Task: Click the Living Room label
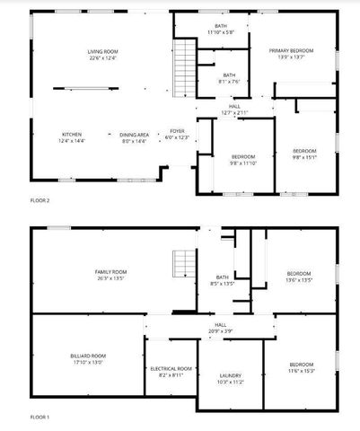tap(102, 56)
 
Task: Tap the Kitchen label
tap(70, 138)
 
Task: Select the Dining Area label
tap(135, 138)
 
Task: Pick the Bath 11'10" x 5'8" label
tap(220, 29)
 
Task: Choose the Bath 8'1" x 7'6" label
tap(229, 78)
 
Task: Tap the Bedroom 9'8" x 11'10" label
tap(243, 160)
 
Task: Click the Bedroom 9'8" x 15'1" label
tap(304, 154)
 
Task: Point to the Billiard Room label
tap(87, 360)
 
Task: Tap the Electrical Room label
tap(171, 372)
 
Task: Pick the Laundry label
tap(231, 378)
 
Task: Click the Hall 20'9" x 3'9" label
tap(221, 328)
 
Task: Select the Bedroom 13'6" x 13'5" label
tap(299, 277)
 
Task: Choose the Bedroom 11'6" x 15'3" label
tap(302, 367)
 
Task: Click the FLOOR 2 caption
tap(40, 199)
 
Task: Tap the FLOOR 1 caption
tap(40, 418)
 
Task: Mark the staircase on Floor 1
tap(184, 264)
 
